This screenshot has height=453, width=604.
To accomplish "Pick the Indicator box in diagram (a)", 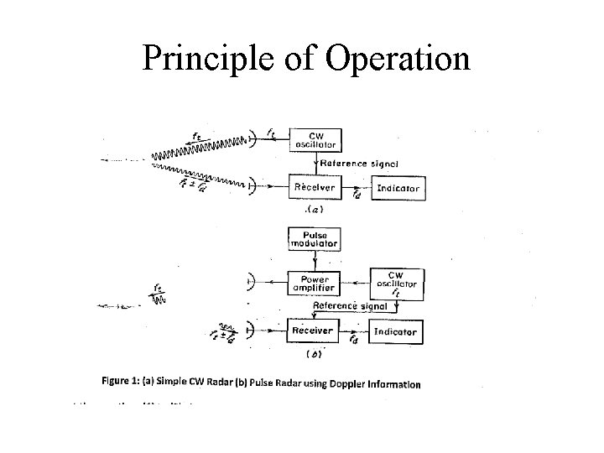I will (x=398, y=188).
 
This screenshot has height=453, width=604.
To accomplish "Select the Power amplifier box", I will (x=314, y=283).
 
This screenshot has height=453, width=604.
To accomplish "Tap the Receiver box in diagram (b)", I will (x=312, y=331).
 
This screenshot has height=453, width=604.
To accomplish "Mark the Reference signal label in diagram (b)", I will (x=350, y=306).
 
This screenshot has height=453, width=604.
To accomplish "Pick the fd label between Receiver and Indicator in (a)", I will (x=357, y=195).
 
